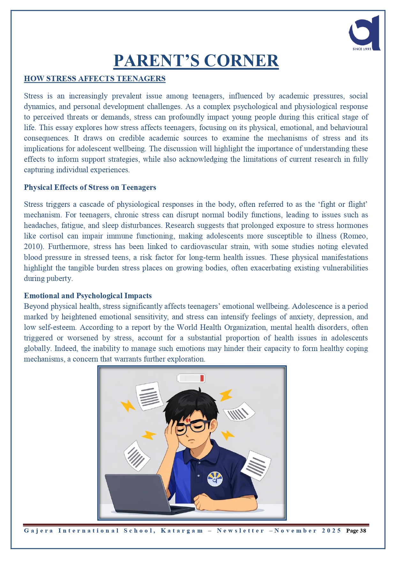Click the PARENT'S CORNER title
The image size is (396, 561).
196,61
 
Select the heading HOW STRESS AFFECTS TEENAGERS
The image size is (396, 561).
94,79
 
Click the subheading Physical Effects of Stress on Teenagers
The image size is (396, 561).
90,187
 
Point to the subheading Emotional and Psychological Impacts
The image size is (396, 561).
88,296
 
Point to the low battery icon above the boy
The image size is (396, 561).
191,378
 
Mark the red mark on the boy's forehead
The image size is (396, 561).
188,420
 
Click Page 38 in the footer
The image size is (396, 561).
356,531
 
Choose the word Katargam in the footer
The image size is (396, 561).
182,531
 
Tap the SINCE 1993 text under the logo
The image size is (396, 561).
362,49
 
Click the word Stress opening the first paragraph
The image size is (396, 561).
33,96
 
